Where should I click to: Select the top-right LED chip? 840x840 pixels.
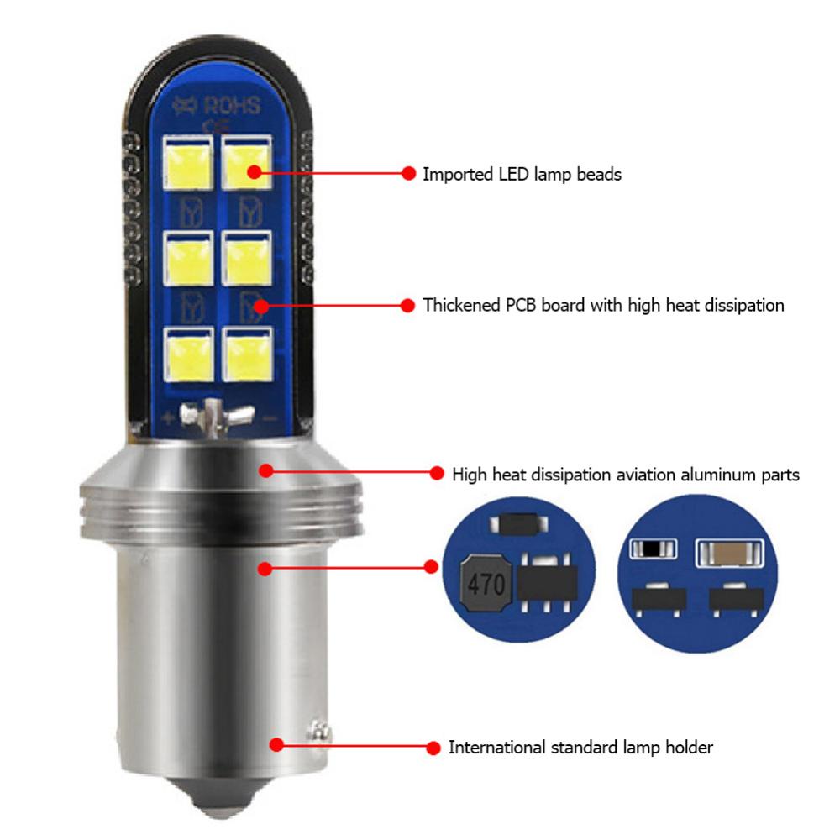(x=248, y=163)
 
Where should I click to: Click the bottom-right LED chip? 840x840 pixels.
(x=248, y=351)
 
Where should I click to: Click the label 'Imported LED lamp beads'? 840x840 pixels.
(x=521, y=175)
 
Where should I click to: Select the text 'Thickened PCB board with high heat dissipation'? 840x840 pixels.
(x=603, y=305)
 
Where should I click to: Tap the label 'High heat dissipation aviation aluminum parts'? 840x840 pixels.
(x=625, y=475)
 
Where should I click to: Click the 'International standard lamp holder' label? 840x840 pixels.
(x=580, y=747)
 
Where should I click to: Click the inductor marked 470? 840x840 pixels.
(x=486, y=584)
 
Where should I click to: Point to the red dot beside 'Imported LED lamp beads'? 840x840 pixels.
(x=408, y=174)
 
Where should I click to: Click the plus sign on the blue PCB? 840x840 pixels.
(x=171, y=417)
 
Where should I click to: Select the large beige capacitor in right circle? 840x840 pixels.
(x=728, y=553)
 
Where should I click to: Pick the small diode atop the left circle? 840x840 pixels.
(x=518, y=525)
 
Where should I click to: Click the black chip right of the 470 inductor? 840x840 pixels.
(x=548, y=582)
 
